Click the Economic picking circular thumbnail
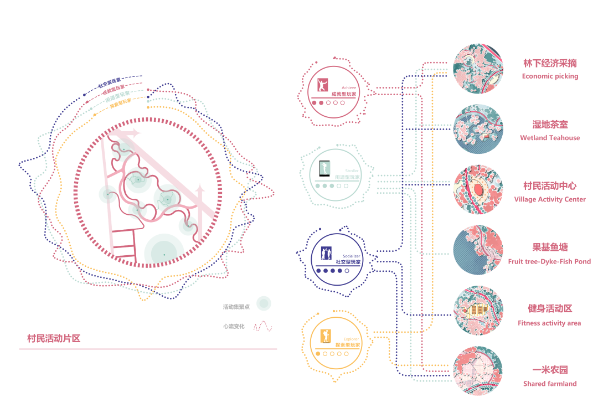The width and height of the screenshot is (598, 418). pos(478,69)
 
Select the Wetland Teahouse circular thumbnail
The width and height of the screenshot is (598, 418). pos(478,129)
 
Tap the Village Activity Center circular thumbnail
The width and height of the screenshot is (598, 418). pos(478,190)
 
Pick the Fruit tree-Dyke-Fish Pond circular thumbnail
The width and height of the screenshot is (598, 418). pos(478,250)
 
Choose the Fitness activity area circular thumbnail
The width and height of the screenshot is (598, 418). pos(478,311)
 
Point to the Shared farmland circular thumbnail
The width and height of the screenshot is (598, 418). pos(478,371)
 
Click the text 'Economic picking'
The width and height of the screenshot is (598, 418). pos(550,76)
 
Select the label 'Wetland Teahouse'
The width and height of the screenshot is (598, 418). pos(550,138)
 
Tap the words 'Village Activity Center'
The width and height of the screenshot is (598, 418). pos(550,199)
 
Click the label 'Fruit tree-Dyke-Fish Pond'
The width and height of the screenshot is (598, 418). pos(550,261)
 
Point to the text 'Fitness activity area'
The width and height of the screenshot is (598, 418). pos(550,323)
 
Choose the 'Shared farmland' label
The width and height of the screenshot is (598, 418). pos(550,384)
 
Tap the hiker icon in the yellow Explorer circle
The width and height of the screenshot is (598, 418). pos(325,336)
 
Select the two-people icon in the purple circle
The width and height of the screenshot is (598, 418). pos(326,254)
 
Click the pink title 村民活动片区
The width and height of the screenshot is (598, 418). pos(54,338)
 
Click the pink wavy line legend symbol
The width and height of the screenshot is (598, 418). pos(263,327)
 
